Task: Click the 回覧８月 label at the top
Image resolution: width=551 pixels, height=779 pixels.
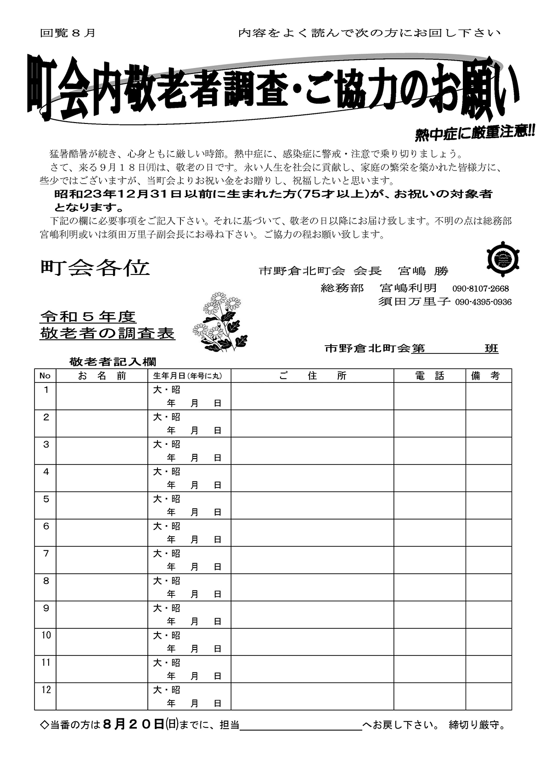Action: [68, 33]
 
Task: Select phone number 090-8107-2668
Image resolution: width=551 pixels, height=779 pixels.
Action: [480, 289]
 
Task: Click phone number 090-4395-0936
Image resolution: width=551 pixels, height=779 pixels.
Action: [483, 302]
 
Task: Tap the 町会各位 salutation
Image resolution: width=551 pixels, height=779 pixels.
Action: [95, 268]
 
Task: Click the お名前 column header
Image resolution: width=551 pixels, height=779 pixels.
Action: [101, 376]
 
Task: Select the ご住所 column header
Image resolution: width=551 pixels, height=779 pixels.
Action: [312, 376]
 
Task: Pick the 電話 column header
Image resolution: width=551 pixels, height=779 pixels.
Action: [430, 376]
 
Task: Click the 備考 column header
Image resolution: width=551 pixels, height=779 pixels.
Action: [489, 376]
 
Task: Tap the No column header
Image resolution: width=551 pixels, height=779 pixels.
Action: [45, 376]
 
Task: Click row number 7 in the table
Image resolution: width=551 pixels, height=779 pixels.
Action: [46, 554]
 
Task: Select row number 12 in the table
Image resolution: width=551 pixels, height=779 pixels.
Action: [46, 690]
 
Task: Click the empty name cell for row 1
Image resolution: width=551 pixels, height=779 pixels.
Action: [101, 396]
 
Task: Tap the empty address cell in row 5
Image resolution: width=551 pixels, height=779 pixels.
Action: [312, 505]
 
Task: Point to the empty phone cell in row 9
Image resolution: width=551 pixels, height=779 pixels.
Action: [430, 615]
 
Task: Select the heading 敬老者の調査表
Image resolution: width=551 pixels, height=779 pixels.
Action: [108, 333]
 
